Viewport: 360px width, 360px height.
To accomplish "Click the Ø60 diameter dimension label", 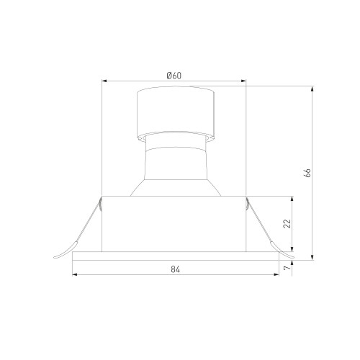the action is tap(174, 76).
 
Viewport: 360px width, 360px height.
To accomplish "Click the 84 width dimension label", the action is tap(176, 269).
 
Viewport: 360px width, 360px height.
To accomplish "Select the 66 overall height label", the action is tap(307, 173).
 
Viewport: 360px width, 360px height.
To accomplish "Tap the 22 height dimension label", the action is tap(287, 224).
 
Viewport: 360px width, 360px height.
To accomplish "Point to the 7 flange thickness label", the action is tap(287, 267).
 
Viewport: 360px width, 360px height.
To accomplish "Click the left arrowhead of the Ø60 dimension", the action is tap(104, 81).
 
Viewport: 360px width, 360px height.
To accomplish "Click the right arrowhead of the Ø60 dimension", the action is tap(243, 81).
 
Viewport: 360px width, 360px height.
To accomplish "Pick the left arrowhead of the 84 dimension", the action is tap(75, 274).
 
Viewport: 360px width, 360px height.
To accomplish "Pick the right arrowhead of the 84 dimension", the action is tap(276, 274).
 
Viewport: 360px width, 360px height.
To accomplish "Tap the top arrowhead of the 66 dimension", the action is tap(312, 89).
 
